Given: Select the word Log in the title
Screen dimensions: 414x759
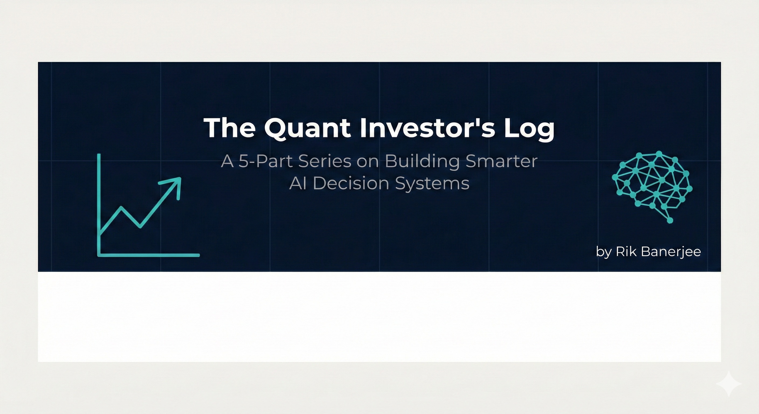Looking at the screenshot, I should pos(529,129).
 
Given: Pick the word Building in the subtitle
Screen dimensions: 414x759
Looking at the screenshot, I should pos(422,162).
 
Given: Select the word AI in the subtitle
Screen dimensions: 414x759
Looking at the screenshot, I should pos(298,183).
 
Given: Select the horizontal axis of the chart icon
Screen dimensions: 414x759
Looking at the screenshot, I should pos(150,255).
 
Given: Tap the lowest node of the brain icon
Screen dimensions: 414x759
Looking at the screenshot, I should pos(670,220).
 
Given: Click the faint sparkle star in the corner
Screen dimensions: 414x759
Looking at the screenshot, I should pos(729,384).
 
